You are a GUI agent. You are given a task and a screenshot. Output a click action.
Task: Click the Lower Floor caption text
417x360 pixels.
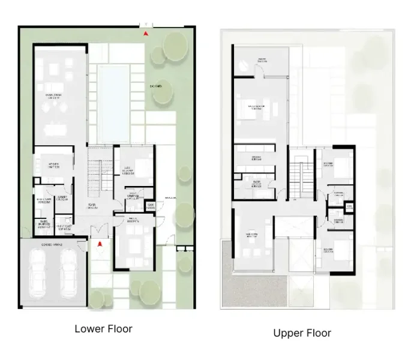click(103, 329)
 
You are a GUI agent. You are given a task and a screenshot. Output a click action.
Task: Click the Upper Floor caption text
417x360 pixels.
click(302, 333)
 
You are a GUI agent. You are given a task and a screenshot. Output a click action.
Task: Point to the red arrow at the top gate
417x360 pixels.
click(146, 34)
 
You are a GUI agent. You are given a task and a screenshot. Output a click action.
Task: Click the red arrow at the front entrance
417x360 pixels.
click(101, 244)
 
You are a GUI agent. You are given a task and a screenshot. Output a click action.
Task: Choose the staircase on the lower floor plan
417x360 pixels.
click(100, 175)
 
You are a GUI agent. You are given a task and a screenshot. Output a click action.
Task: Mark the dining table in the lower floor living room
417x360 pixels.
click(59, 128)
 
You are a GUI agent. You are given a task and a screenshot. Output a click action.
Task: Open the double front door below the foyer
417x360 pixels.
click(101, 232)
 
